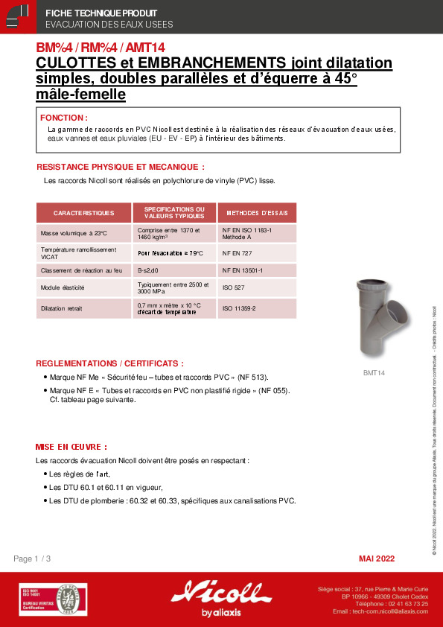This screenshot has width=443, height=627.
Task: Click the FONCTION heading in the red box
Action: tap(64, 118)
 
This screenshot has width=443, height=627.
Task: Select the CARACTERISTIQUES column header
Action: tap(83, 213)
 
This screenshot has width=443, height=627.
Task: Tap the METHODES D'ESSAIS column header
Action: tap(257, 213)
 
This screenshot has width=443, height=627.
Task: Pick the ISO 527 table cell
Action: tap(232, 287)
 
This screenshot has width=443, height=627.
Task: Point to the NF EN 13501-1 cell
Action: tap(243, 270)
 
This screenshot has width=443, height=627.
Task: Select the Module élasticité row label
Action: tap(63, 287)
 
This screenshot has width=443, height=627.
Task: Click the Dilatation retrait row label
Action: tap(61, 308)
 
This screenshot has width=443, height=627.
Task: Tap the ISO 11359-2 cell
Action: tap(239, 308)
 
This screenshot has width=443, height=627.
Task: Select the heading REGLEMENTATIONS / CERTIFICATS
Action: tap(109, 363)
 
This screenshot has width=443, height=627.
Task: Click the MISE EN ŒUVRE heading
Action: tap(71, 447)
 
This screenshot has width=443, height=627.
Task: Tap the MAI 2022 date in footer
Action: tap(377, 558)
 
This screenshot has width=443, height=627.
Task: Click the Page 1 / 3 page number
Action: tap(33, 558)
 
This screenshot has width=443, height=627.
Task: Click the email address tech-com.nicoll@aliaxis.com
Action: tap(380, 611)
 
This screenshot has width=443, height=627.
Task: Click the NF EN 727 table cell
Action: tap(238, 252)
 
